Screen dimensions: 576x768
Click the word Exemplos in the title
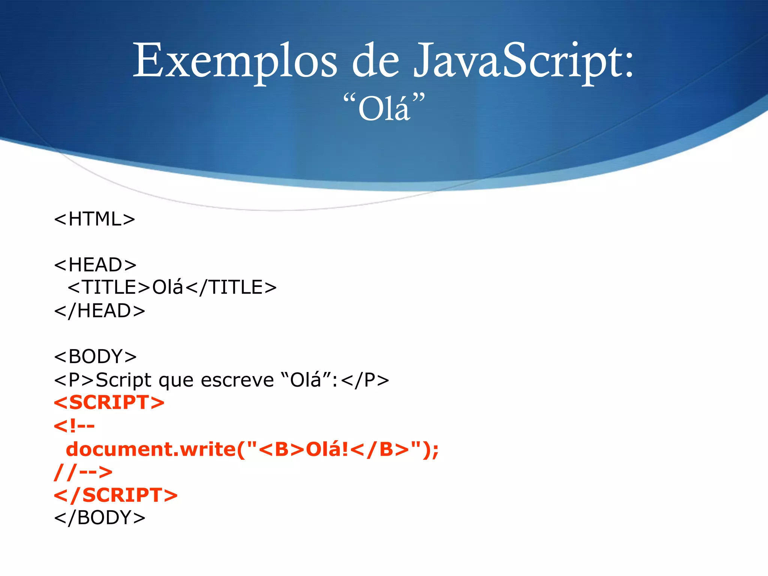(x=235, y=61)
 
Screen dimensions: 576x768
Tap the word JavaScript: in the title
(x=523, y=61)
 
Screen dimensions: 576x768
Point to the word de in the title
(x=375, y=61)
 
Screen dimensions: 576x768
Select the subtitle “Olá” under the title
(x=384, y=108)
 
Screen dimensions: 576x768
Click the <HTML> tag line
(x=94, y=219)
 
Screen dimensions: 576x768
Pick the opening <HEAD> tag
(x=95, y=265)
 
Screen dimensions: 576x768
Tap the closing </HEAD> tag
(x=100, y=311)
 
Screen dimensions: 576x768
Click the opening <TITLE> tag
(x=109, y=288)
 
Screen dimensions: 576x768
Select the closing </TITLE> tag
(x=231, y=288)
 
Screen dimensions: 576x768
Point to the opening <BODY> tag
(x=95, y=356)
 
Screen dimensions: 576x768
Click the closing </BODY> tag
(x=100, y=518)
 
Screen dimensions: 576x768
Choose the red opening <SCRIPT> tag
(x=109, y=402)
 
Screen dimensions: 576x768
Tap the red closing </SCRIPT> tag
(x=116, y=495)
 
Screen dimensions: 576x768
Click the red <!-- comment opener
(x=74, y=426)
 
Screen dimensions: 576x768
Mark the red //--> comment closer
(x=83, y=472)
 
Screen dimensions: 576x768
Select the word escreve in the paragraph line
(x=237, y=380)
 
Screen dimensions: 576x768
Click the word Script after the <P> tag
(x=124, y=380)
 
